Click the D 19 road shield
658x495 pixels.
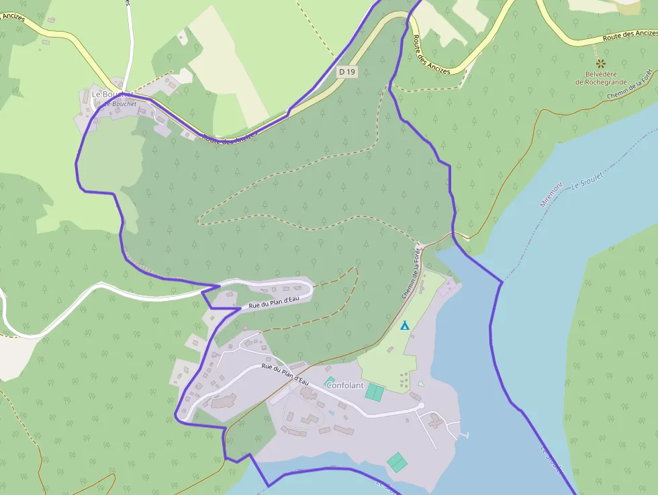click(346, 71)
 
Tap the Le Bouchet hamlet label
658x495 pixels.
click(107, 95)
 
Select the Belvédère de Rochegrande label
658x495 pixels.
click(600, 78)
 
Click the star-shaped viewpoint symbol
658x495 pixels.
click(600, 63)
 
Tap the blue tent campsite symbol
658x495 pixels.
click(405, 326)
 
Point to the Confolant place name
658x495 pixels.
click(344, 386)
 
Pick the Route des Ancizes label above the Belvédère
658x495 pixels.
click(630, 35)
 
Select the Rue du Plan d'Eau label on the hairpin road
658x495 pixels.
click(273, 302)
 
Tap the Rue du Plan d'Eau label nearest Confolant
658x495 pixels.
click(285, 374)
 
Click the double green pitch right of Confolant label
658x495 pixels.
click(375, 392)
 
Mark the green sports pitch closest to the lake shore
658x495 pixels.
click(397, 462)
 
